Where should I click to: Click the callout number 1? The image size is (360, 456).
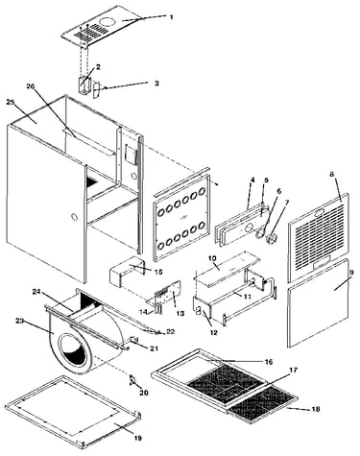(171, 17)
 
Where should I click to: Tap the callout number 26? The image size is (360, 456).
(31, 86)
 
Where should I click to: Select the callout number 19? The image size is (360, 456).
(138, 438)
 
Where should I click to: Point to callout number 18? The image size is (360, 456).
(315, 409)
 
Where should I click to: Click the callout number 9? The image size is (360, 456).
(351, 273)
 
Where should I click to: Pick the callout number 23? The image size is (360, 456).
(19, 321)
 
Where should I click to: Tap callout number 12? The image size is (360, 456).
(214, 332)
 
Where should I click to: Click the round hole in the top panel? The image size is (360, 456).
(108, 22)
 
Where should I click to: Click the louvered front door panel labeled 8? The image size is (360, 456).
(319, 237)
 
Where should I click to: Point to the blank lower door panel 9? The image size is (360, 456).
(318, 302)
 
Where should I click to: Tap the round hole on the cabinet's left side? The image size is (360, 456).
(74, 217)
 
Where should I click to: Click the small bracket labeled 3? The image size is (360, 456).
(97, 90)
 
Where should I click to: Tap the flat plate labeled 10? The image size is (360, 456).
(228, 268)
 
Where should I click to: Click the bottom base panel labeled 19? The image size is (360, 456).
(73, 411)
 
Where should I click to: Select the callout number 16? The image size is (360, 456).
(269, 362)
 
